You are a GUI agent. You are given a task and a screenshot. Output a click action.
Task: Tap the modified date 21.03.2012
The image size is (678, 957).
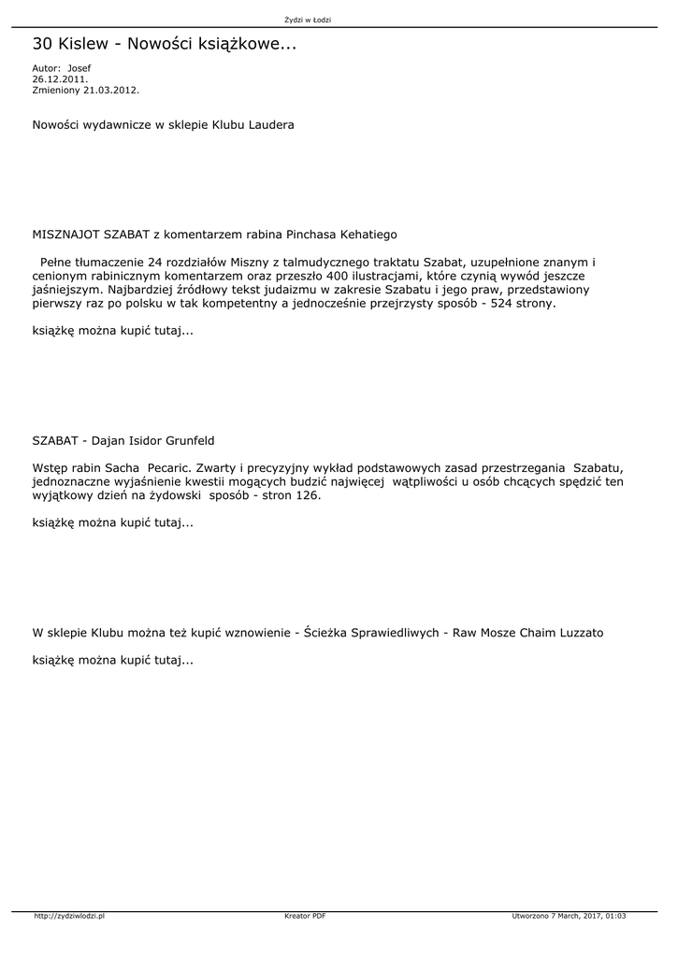pyautogui.click(x=111, y=91)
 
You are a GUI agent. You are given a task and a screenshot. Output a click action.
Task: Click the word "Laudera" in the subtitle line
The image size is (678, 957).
pyautogui.click(x=270, y=125)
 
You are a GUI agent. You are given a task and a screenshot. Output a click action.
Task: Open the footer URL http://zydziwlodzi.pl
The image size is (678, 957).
pyautogui.click(x=69, y=917)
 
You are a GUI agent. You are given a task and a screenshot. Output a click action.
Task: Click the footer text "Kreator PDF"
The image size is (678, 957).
pyautogui.click(x=305, y=917)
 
